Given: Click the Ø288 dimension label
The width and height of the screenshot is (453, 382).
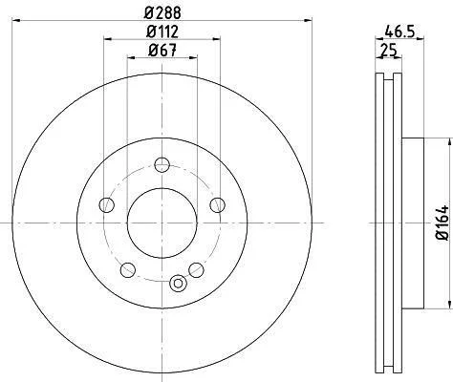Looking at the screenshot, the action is pyautogui.click(x=162, y=13).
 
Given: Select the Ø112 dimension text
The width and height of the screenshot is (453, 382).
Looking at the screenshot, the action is pyautogui.click(x=162, y=32).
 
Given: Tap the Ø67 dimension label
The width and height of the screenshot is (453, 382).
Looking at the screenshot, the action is pyautogui.click(x=162, y=50).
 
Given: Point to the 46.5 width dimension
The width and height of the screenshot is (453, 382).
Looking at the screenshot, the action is pyautogui.click(x=399, y=32).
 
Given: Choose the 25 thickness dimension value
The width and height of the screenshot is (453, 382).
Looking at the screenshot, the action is pyautogui.click(x=389, y=51).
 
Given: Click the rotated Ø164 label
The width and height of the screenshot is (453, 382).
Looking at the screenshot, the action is pyautogui.click(x=442, y=223).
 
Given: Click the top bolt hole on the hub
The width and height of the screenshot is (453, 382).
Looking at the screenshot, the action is pyautogui.click(x=162, y=164).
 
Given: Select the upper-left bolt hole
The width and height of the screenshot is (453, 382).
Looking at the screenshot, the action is pyautogui.click(x=107, y=205).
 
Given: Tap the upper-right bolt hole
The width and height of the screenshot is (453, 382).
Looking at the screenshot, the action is pyautogui.click(x=217, y=204).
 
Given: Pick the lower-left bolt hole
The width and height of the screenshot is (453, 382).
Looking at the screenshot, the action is pyautogui.click(x=128, y=270).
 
